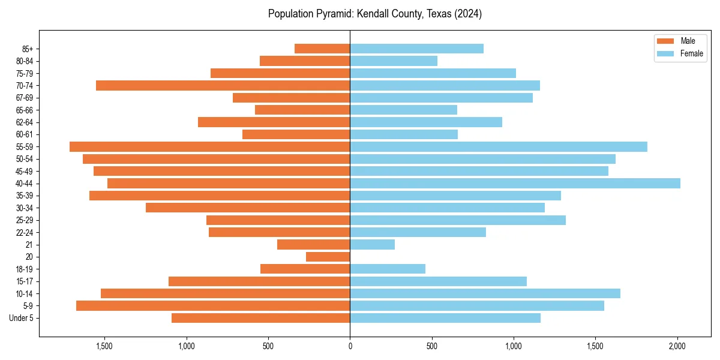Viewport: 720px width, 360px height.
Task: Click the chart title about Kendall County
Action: coord(375,14)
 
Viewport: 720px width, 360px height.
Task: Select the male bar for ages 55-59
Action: coord(209,147)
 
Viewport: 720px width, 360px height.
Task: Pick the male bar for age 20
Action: coord(328,257)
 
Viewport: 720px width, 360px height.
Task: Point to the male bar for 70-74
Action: coord(223,86)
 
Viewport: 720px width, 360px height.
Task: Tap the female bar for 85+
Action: coord(416,49)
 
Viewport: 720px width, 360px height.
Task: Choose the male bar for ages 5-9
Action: coord(213,306)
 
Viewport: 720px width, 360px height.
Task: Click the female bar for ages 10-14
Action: coord(485,293)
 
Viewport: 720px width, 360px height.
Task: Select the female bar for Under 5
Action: coord(445,318)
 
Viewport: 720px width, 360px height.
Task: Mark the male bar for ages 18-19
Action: coord(305,269)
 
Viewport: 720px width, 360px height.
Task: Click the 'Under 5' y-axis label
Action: coord(21,318)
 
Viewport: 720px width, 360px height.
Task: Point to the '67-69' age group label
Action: coord(25,98)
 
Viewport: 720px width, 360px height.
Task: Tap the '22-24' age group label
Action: coord(25,232)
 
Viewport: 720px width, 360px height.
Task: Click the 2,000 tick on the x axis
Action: coord(677,346)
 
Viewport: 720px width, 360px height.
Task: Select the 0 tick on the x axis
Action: coord(350,346)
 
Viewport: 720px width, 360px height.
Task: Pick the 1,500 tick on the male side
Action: coord(104,346)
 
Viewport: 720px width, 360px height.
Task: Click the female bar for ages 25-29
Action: coord(458,220)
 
